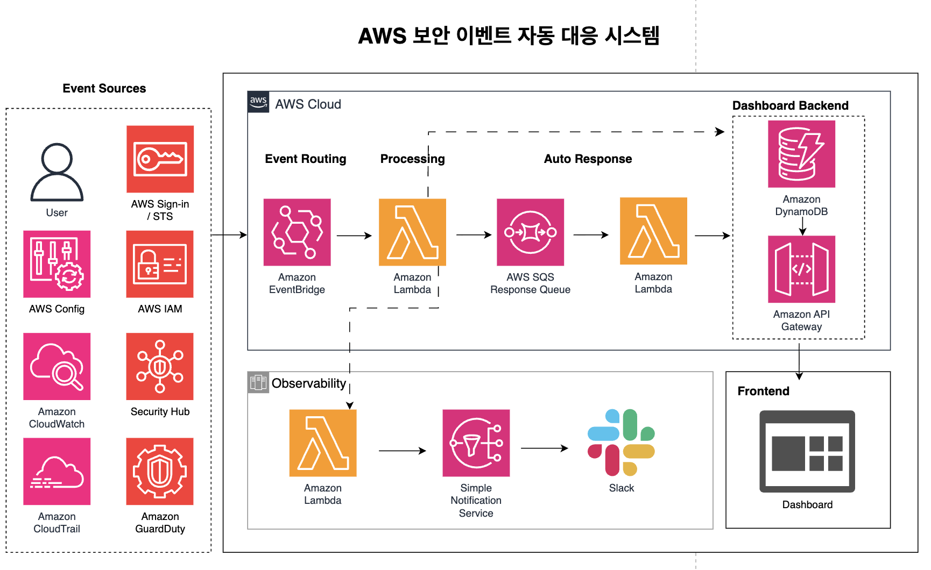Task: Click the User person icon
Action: click(x=57, y=172)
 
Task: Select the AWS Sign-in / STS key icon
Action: click(x=160, y=159)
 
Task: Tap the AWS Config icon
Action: click(x=57, y=264)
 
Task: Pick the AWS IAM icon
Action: click(x=160, y=264)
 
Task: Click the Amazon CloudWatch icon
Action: click(x=57, y=366)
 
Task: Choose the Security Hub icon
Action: click(x=160, y=366)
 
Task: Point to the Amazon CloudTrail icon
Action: click(x=57, y=471)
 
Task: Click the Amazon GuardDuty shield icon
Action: click(x=160, y=471)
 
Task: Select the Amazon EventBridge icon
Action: click(x=297, y=232)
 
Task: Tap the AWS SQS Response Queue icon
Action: click(x=530, y=232)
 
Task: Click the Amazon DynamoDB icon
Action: click(x=801, y=154)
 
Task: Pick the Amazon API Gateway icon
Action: click(x=801, y=269)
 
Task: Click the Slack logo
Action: click(x=621, y=443)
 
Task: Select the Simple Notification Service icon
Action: click(x=476, y=443)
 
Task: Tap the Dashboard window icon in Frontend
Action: click(x=807, y=452)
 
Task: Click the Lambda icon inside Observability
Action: click(x=323, y=443)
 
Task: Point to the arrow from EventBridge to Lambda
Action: click(x=354, y=236)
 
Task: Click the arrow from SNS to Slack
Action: click(x=544, y=448)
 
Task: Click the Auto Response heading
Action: click(x=588, y=159)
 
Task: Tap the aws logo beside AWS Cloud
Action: click(x=258, y=102)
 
